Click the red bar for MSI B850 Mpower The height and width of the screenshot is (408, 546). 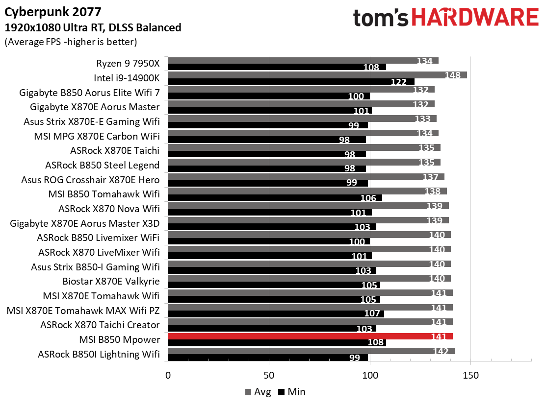[310, 336]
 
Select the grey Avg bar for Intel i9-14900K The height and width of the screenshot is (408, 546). [317, 75]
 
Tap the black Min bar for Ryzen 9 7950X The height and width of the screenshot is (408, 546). [277, 67]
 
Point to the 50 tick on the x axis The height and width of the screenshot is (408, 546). [269, 376]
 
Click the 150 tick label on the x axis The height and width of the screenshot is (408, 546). [470, 376]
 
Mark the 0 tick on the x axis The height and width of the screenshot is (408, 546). [168, 376]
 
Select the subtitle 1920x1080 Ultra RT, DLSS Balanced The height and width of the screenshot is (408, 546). [93, 27]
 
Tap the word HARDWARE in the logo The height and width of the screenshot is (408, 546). [475, 18]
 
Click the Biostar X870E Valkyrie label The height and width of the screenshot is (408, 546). [111, 281]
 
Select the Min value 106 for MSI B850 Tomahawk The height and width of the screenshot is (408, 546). [368, 198]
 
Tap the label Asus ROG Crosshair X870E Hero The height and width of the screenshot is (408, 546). [90, 180]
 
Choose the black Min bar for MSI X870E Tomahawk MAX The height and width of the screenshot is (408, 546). [276, 314]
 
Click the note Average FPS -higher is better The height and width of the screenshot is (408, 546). [70, 42]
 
